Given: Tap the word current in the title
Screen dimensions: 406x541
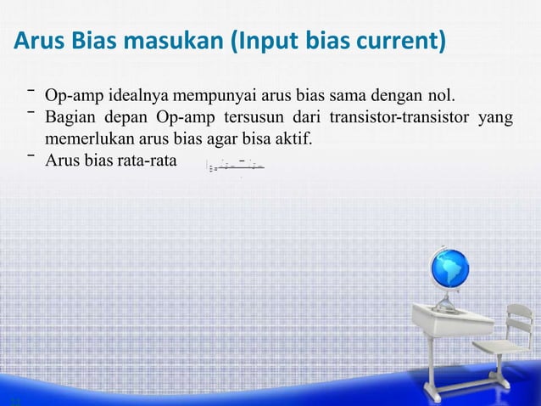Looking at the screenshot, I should [399, 40].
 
